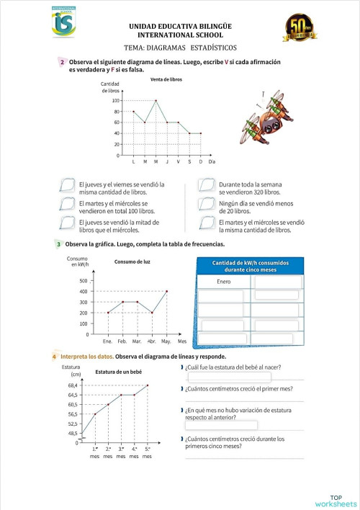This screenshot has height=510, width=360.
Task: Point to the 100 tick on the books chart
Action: pyautogui.click(x=115, y=101)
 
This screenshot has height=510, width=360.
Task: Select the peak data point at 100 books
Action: pyautogui.click(x=156, y=101)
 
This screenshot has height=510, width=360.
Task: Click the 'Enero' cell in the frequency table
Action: pyautogui.click(x=223, y=281)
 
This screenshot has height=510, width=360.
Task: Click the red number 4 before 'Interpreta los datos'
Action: pyautogui.click(x=55, y=357)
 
